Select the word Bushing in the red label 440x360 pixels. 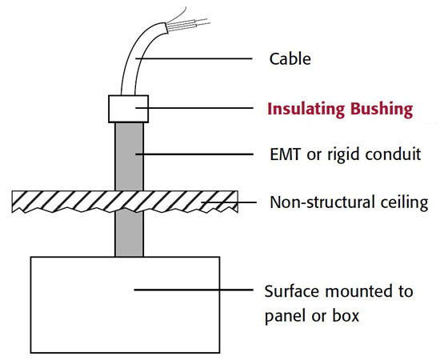pyautogui.click(x=384, y=109)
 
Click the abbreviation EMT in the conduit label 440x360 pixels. pyautogui.click(x=285, y=154)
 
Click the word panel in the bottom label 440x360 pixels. pyautogui.click(x=284, y=316)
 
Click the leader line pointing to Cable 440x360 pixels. pyautogui.click(x=200, y=59)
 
